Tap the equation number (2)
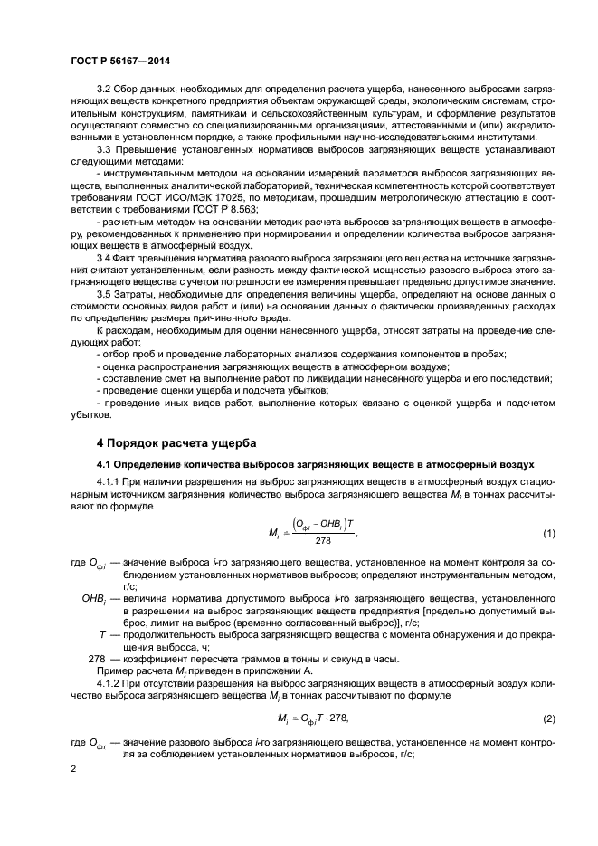[548, 718]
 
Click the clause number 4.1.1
[109, 486]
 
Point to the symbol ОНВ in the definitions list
[94, 599]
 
